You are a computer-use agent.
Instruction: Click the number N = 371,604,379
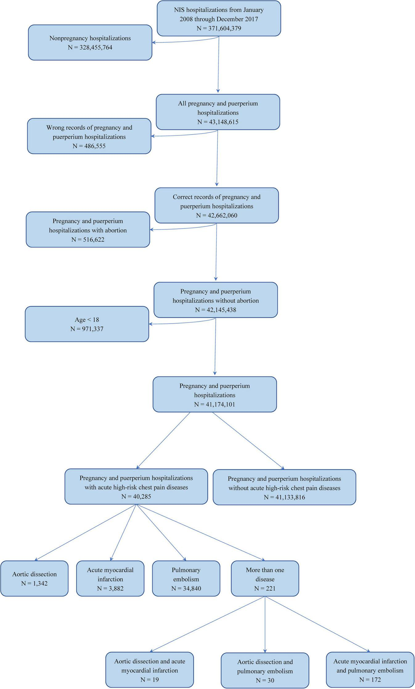[x=219, y=28]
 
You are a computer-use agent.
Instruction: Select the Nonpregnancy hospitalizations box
[x=90, y=42]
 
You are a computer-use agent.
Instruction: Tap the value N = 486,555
[x=89, y=146]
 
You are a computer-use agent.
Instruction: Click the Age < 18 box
[x=87, y=324]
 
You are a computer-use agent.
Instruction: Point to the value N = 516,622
[x=88, y=239]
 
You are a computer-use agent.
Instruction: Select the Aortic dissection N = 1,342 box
[x=34, y=578]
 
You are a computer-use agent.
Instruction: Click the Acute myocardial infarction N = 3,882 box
[x=110, y=578]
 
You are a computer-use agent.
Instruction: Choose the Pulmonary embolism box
[x=186, y=578]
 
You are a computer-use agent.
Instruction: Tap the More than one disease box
[x=265, y=578]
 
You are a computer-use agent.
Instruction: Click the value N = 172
[x=370, y=679]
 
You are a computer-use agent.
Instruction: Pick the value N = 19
[x=149, y=679]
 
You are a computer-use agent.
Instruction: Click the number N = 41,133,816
[x=284, y=497]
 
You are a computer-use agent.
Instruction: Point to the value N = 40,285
[x=136, y=496]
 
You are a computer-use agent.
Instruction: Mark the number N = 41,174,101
[x=214, y=404]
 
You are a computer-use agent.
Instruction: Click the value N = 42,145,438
[x=215, y=310]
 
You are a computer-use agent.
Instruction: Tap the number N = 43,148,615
[x=218, y=122]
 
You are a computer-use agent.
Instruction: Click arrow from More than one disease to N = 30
[x=265, y=628]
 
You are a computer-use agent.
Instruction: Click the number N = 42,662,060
[x=217, y=216]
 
